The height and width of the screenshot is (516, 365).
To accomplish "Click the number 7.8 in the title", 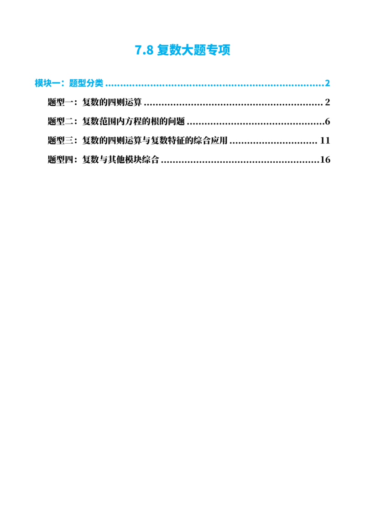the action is click(144, 50).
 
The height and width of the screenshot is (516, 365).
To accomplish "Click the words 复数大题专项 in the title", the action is click(194, 50).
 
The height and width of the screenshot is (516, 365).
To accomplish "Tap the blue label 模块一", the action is click(48, 83).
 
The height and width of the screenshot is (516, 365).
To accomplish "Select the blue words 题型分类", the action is click(86, 83).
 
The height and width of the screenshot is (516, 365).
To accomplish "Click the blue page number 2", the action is click(327, 83).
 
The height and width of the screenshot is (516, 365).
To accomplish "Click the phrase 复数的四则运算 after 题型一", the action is click(112, 102).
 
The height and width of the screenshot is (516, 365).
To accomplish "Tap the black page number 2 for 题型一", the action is click(328, 103).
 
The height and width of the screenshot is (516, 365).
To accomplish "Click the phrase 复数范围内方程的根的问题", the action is click(133, 121).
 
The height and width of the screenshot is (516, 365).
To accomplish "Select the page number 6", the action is click(328, 121).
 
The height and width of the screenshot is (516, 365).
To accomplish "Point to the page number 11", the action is click(325, 140).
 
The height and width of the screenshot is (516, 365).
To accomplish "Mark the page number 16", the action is click(325, 160).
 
